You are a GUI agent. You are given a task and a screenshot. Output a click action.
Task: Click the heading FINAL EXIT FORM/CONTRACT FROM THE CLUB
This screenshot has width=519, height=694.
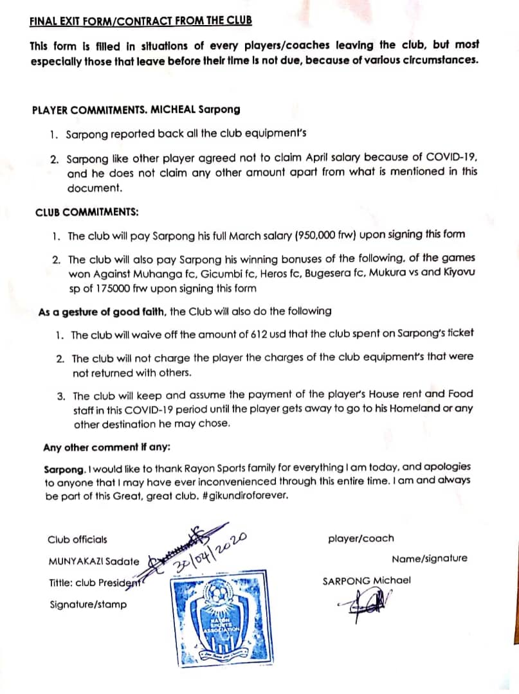pos(141,20)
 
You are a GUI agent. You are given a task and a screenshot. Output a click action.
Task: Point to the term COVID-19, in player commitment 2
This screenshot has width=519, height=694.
pos(450,157)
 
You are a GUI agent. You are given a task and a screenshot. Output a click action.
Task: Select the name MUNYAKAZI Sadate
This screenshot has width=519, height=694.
pos(94,561)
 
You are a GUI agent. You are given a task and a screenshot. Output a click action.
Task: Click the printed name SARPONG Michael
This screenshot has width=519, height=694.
pos(367,581)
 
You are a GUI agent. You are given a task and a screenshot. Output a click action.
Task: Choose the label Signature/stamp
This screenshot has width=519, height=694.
pos(88,604)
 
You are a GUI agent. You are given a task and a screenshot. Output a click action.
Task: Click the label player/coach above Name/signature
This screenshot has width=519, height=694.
pos(361,538)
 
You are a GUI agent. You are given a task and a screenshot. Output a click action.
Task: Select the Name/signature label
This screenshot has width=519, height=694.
pos(429,558)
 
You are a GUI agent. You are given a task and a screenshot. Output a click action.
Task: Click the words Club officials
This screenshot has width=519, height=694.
pos(78,539)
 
